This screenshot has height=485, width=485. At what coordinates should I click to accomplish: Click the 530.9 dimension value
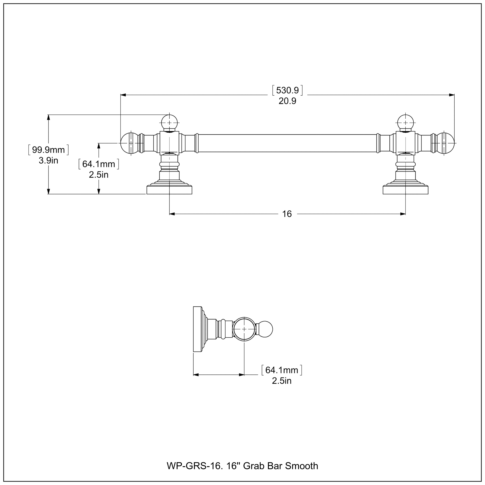(x=287, y=90)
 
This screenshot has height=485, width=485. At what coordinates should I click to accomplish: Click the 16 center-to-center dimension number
(x=287, y=214)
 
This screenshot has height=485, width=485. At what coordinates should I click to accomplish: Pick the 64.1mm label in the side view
(x=282, y=370)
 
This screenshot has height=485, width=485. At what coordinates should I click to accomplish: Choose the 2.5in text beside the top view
(x=99, y=175)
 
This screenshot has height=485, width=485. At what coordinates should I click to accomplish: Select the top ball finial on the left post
(x=169, y=123)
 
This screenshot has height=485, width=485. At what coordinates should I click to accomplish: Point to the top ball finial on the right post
(x=406, y=123)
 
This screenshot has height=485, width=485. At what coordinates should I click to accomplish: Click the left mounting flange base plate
(x=169, y=190)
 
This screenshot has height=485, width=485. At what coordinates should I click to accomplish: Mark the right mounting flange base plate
(x=406, y=190)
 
